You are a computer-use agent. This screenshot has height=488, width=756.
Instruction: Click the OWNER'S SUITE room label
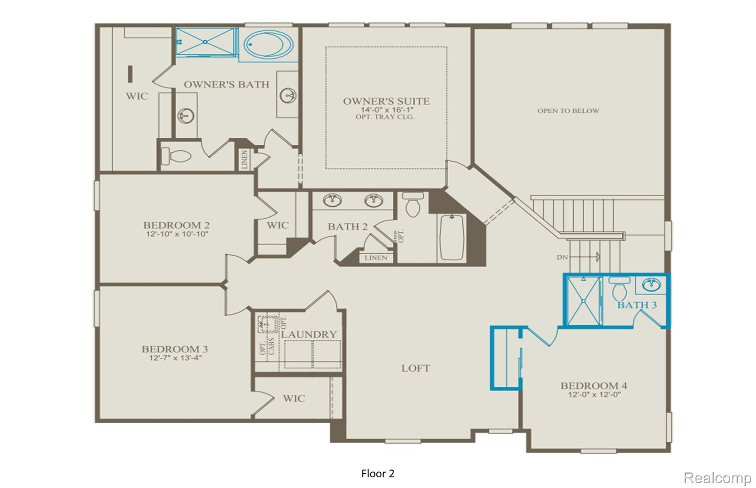[x=386, y=101]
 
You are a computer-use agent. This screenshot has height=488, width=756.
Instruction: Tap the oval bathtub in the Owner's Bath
[x=268, y=44]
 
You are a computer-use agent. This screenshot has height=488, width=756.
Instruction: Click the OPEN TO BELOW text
[x=568, y=111]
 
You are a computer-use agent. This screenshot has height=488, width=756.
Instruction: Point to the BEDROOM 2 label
[x=176, y=225]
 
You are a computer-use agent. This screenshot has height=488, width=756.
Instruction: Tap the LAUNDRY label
[x=309, y=334]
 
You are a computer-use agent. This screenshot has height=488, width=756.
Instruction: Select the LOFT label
[x=416, y=368]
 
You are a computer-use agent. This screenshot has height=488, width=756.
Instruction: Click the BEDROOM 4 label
[x=594, y=386]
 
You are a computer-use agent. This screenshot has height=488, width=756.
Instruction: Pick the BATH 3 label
[x=637, y=305]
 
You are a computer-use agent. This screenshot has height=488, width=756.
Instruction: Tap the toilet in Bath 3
[x=619, y=288]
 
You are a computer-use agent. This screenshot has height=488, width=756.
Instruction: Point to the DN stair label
[x=562, y=257]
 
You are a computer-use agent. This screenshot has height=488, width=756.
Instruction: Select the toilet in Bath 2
[x=413, y=204]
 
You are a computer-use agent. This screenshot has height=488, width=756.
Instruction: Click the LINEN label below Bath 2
[x=376, y=258]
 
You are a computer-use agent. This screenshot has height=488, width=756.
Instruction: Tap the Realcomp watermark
[x=717, y=478]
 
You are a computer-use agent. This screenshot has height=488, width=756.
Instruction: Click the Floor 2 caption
[x=378, y=474]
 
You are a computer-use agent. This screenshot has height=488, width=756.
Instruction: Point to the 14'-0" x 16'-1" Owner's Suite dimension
[x=387, y=110]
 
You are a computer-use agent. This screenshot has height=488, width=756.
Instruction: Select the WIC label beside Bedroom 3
[x=294, y=398]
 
